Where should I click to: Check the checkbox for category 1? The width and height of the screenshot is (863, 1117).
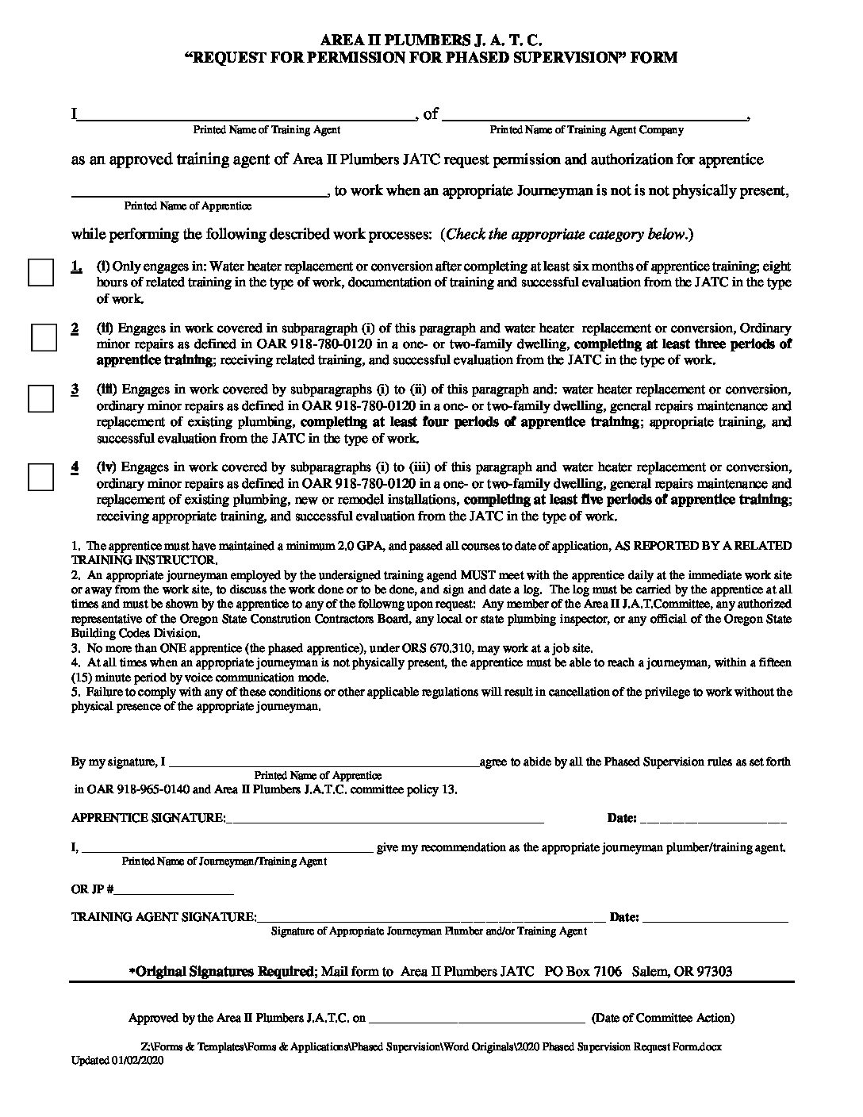pos(40,272)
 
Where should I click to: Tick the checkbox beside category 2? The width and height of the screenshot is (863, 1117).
pos(44,337)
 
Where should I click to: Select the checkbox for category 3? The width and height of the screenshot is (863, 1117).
pos(40,398)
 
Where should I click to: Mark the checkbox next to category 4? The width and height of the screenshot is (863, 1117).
pos(40,476)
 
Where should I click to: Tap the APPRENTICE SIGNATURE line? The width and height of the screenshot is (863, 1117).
pos(385,818)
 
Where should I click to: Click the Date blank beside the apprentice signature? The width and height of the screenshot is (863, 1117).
pos(712,818)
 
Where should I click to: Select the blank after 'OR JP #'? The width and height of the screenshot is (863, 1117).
pos(175,889)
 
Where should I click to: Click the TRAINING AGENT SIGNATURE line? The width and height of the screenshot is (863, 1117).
pos(432,918)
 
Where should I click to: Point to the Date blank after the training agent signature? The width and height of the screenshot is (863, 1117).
pos(715,918)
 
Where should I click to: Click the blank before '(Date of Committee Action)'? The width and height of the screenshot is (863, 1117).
pos(476,1018)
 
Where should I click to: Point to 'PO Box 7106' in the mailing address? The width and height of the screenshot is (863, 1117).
pos(583,971)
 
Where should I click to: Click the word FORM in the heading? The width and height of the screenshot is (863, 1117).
pos(655,57)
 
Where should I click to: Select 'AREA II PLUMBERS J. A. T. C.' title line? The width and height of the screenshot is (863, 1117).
pos(431,40)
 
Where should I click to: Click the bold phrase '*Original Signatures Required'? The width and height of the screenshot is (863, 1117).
pos(222,971)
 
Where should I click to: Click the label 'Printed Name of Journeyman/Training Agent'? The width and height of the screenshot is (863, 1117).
pos(224,861)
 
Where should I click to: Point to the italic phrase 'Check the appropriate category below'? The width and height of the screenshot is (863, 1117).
pos(566,234)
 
